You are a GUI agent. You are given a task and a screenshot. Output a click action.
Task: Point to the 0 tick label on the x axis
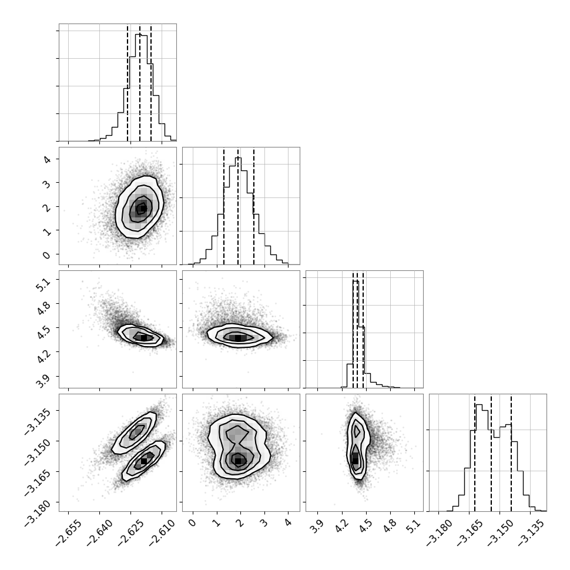tap(192, 523)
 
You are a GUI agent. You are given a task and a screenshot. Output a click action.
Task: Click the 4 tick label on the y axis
tap(47, 159)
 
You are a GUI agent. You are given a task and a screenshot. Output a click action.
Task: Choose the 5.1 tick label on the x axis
tap(414, 525)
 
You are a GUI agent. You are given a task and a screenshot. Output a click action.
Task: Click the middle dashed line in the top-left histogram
tap(140, 83)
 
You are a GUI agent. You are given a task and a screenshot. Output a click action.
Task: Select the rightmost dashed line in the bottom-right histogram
tap(511, 453)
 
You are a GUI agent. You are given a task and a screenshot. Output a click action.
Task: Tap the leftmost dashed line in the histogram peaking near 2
tap(224, 206)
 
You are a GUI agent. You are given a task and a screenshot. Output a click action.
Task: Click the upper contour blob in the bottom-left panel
tap(134, 432)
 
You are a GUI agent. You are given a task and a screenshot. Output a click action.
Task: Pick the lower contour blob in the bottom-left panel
tap(143, 461)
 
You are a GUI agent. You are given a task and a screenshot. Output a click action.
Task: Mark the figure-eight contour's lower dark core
tap(238, 461)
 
